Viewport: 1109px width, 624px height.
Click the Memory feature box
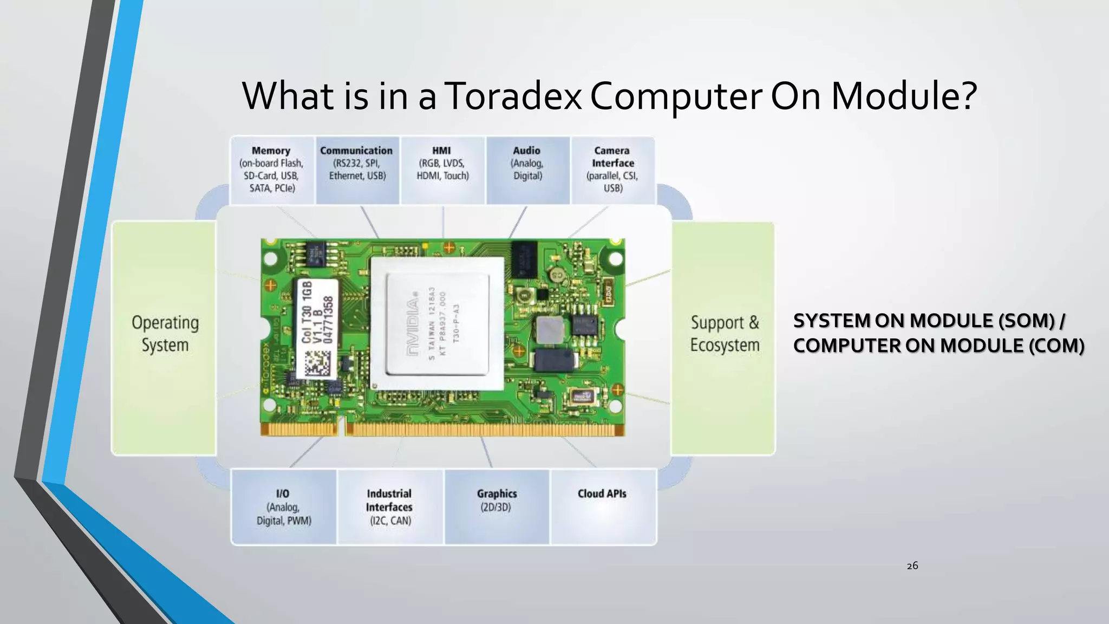coord(272,170)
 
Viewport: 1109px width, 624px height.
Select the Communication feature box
coord(357,170)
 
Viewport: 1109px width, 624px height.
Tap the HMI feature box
coord(442,170)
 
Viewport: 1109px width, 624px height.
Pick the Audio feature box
coord(527,170)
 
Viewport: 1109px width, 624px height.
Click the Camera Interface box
coord(612,170)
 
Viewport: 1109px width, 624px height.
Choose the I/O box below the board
coord(284,507)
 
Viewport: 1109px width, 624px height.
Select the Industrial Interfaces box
coord(389,507)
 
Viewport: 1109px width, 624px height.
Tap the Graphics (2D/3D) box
coord(497,507)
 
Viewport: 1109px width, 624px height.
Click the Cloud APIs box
coord(602,507)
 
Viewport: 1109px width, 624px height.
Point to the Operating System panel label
coord(165,334)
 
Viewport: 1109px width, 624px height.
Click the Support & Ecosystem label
coord(725,334)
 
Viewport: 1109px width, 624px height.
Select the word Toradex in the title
coord(514,96)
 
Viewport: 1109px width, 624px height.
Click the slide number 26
coord(912,566)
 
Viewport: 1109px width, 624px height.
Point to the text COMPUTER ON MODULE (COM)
coord(938,346)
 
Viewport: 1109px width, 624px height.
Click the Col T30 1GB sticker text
coord(307,311)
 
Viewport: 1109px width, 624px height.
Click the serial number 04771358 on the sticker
coord(328,320)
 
